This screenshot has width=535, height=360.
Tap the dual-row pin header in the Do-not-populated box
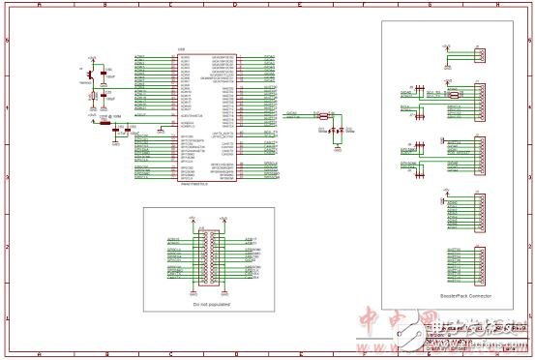click(x=208, y=255)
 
